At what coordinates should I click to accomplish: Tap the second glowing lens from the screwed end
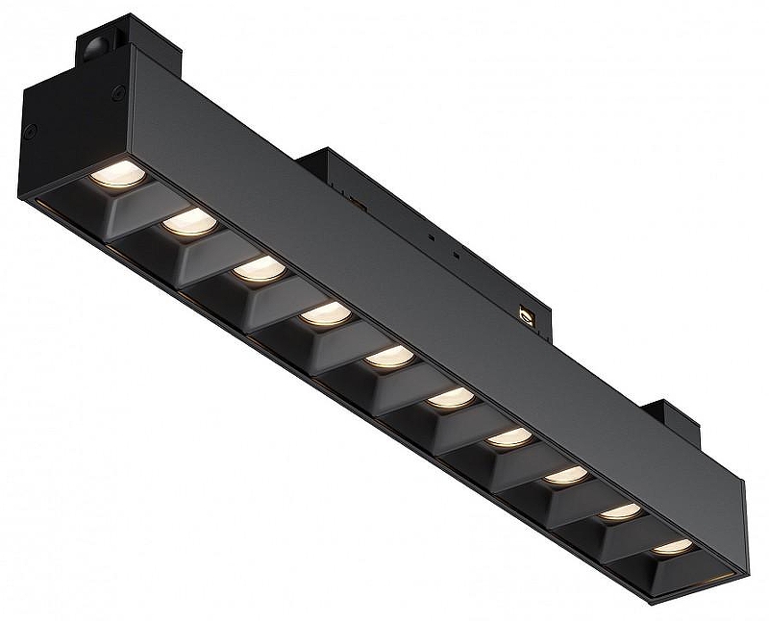click(x=189, y=224)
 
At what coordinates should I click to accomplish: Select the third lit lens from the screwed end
click(x=260, y=270)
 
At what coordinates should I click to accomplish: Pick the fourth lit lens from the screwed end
click(x=325, y=314)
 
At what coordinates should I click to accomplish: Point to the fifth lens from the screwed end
click(x=389, y=357)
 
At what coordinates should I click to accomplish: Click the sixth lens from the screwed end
click(x=451, y=397)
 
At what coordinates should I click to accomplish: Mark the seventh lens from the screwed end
click(x=509, y=437)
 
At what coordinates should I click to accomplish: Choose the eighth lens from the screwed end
click(x=566, y=476)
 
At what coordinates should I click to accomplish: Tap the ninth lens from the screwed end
click(x=621, y=512)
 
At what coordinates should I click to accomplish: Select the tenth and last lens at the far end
click(x=673, y=547)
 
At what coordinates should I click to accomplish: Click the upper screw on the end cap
click(x=118, y=93)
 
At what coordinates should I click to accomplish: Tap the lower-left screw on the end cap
click(x=32, y=131)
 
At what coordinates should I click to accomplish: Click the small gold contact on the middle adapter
click(x=525, y=313)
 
